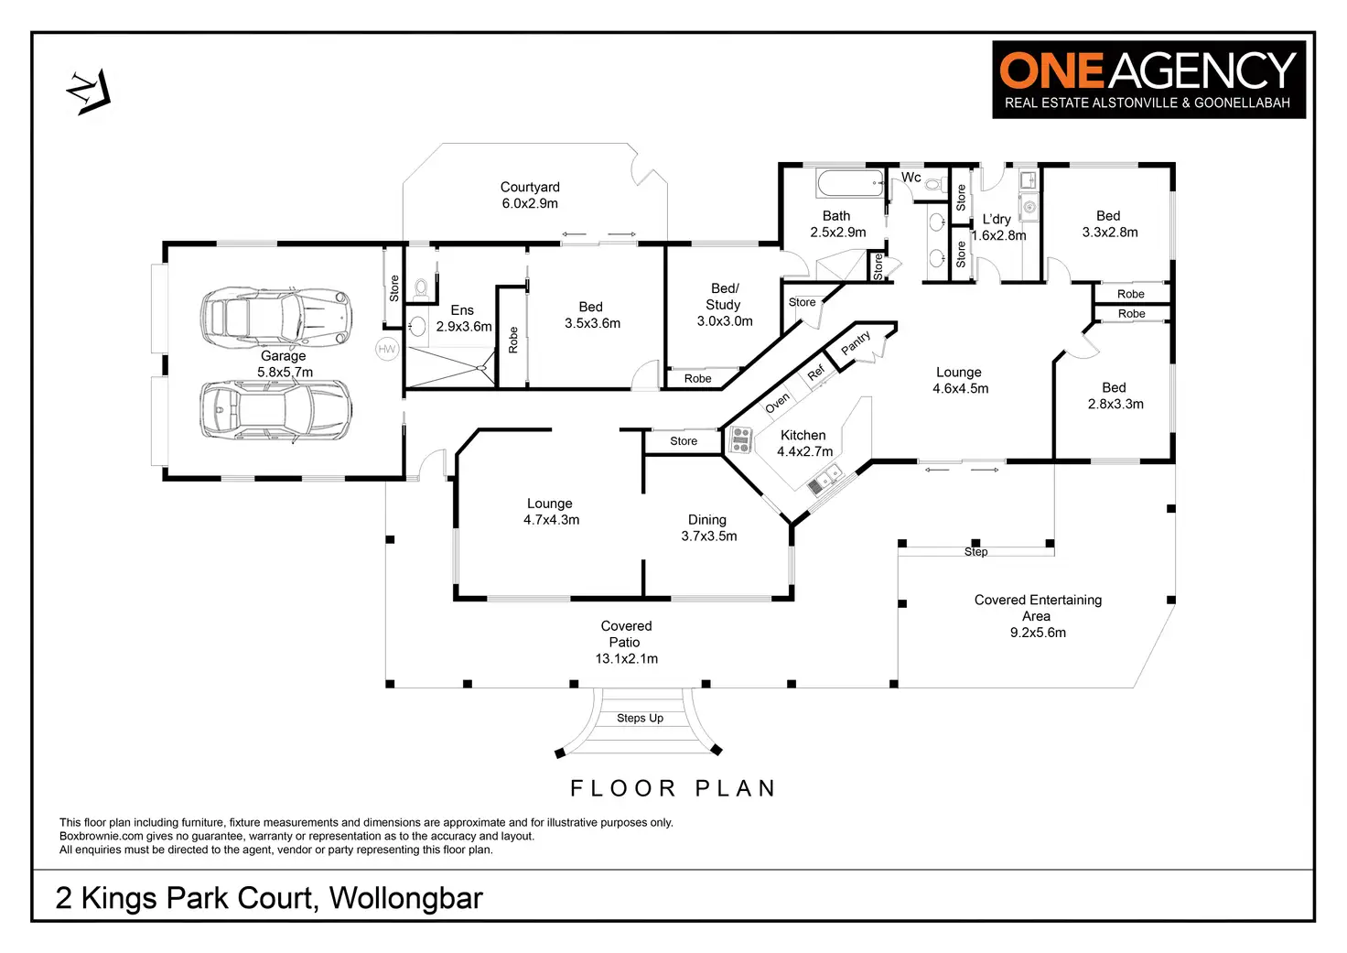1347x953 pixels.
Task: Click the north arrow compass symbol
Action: coord(88,92)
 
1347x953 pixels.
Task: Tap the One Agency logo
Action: coord(1148,80)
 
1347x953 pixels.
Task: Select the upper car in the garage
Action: coord(276,317)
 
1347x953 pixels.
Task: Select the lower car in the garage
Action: coord(276,409)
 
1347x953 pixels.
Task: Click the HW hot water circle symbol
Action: coord(387,349)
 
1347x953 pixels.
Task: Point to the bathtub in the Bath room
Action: coord(850,183)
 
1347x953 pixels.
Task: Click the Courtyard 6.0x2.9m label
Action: coord(530,195)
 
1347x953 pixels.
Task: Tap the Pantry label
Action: coord(857,342)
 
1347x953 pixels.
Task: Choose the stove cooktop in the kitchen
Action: coord(740,441)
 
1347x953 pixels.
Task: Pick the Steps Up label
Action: coord(640,719)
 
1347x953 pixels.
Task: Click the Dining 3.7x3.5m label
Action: coord(708,527)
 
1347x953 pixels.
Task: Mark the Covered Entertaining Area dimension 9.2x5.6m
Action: coord(1038,633)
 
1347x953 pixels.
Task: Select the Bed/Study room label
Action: coord(724,305)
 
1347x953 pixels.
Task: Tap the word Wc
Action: coord(911,178)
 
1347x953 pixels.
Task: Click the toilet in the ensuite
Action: coord(421,289)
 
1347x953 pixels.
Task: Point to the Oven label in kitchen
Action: coord(777,403)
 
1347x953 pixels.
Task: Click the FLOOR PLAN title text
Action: coord(673,788)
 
